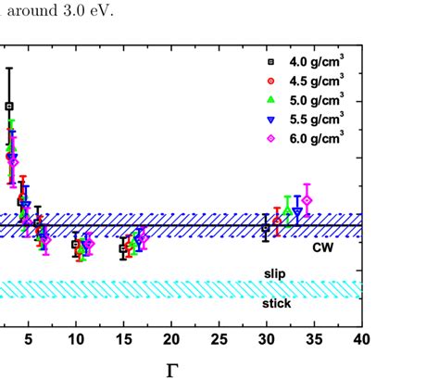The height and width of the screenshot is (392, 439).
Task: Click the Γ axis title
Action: (171, 372)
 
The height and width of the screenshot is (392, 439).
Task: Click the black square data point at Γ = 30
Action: (266, 227)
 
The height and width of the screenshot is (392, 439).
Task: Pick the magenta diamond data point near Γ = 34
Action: (307, 200)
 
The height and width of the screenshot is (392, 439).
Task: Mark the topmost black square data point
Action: (9, 107)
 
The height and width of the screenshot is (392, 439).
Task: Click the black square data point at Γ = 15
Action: (123, 248)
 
